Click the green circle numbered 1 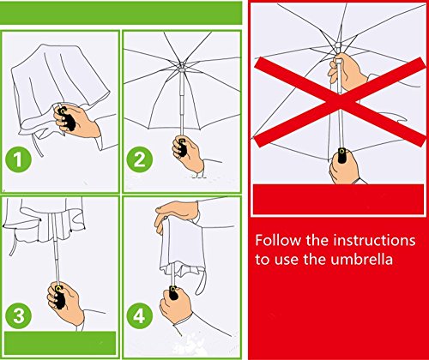click(18, 159)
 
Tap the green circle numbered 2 click(140, 159)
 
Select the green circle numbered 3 click(19, 316)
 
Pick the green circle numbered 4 click(139, 316)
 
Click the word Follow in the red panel click(278, 240)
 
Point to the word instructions click(374, 240)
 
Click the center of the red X click(341, 101)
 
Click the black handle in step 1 click(67, 118)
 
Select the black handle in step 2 click(181, 147)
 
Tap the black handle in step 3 click(59, 297)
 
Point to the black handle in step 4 click(173, 293)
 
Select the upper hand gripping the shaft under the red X click(347, 71)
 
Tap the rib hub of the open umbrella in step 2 click(181, 69)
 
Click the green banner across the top click(121, 13)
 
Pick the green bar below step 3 click(60, 343)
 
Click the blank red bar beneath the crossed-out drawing click(338, 200)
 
